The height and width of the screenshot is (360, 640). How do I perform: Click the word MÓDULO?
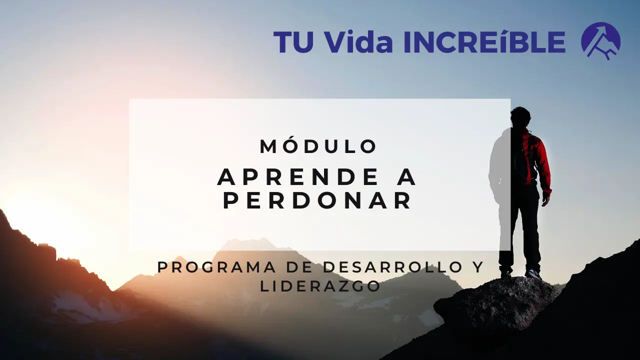318,146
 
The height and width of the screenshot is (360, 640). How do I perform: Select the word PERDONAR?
318,201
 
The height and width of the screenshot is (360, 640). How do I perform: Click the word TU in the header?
291,42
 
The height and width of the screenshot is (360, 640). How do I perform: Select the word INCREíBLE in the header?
483,42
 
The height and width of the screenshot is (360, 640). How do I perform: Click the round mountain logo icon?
600,41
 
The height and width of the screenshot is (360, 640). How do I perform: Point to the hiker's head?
520,116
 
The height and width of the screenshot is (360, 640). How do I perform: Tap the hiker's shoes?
532,273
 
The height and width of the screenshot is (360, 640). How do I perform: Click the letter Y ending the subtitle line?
478,267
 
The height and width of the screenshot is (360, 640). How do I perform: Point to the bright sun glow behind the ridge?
30,210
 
